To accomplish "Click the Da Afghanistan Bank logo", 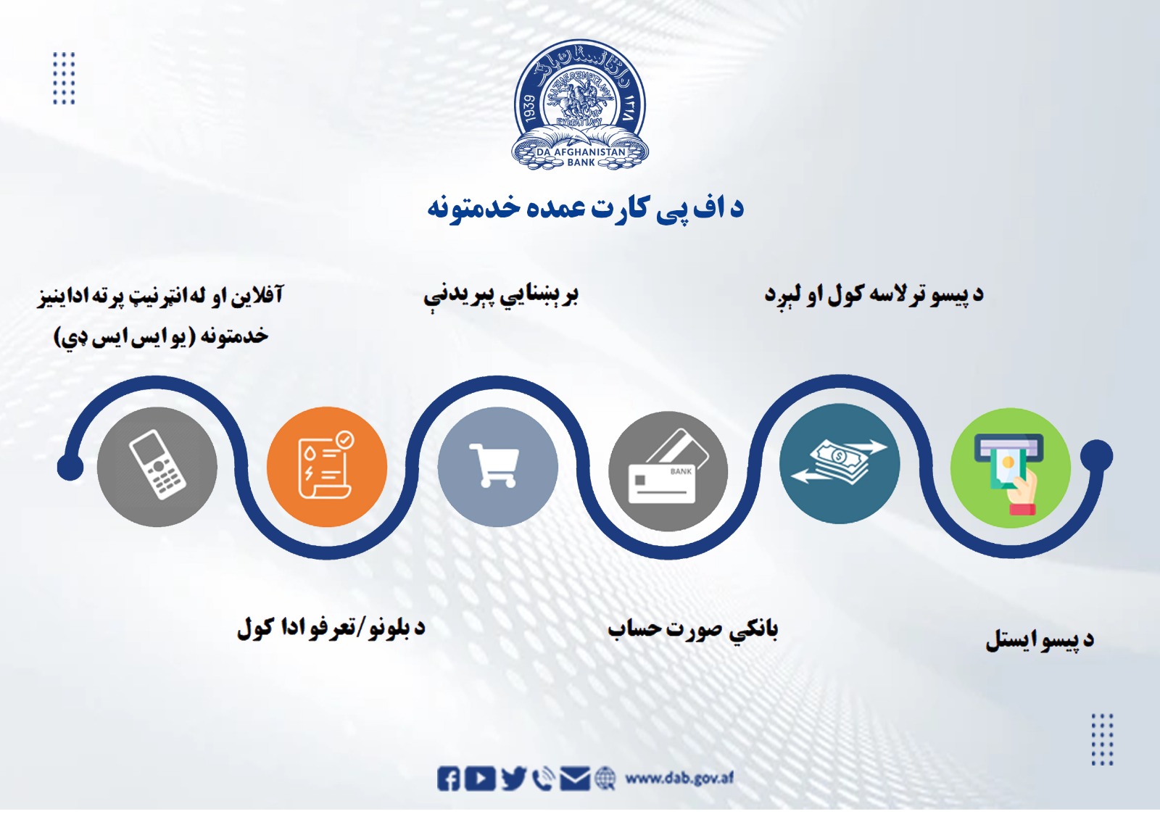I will [x=580, y=105].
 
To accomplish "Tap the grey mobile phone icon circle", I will [x=157, y=466].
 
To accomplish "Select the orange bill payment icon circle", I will [x=326, y=466].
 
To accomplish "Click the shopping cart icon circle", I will [x=497, y=466].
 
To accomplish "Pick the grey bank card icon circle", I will [x=668, y=470].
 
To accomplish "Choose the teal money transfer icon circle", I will [x=839, y=464].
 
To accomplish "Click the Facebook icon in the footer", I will [x=448, y=779].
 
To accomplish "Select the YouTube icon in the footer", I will [x=480, y=779].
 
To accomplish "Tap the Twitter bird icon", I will [x=513, y=779].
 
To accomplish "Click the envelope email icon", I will [x=576, y=779].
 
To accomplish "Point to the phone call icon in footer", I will [x=542, y=779].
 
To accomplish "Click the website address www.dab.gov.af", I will [x=679, y=778].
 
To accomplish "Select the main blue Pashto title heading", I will [x=585, y=209].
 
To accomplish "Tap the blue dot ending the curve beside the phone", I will [x=70, y=467].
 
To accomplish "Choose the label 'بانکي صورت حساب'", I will [x=692, y=629].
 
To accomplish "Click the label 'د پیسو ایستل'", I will [x=1039, y=640].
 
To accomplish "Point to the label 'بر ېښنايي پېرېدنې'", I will [x=500, y=296].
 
